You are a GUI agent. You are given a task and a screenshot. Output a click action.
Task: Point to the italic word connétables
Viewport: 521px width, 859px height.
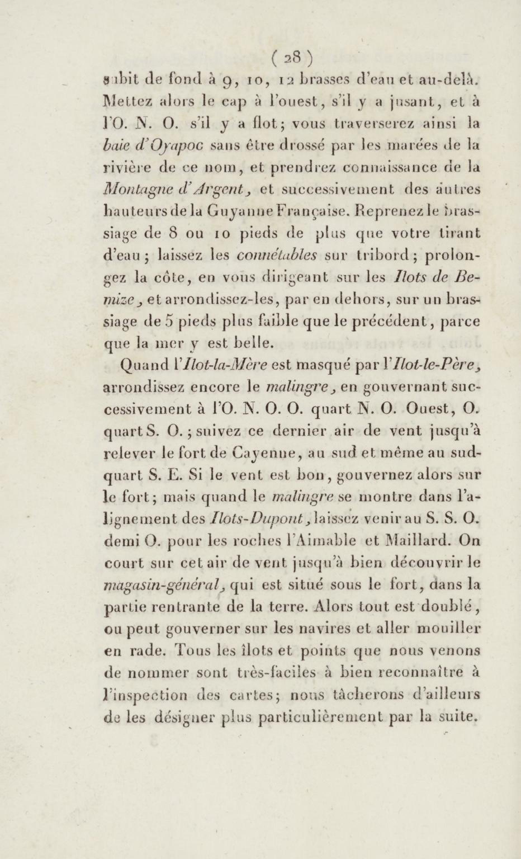276,255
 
